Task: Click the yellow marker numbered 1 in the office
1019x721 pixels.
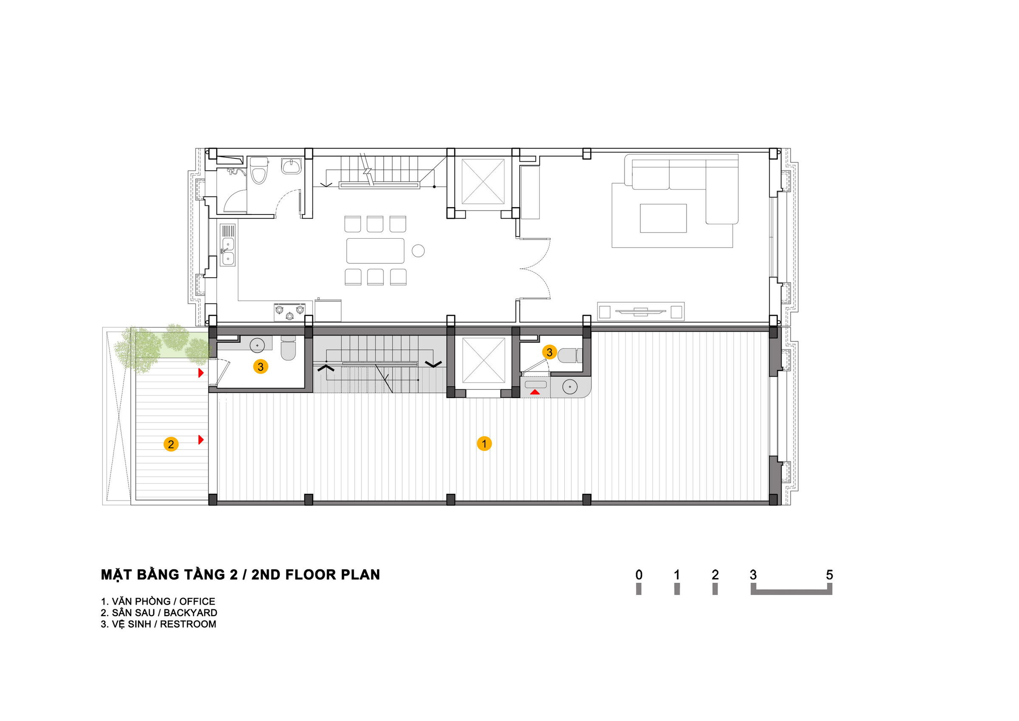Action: point(484,444)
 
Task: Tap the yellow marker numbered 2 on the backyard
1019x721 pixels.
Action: point(171,444)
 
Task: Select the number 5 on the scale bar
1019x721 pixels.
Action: point(829,575)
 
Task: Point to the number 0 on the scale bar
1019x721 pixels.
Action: point(639,575)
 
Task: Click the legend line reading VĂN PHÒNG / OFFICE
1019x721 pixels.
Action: point(158,602)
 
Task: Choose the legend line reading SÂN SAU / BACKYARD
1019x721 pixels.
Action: point(159,613)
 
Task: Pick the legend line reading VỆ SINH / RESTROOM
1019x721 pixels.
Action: point(158,624)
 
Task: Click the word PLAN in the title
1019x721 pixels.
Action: point(360,575)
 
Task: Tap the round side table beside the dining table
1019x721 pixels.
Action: point(418,251)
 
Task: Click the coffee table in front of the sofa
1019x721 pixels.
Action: point(663,218)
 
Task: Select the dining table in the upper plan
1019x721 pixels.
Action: point(375,251)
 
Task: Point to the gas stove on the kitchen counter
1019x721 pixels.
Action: point(290,312)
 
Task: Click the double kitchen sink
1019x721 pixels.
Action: point(228,251)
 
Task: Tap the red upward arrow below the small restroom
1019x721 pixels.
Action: point(535,392)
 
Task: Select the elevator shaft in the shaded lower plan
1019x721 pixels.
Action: point(483,360)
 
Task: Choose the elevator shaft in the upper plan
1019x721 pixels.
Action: point(483,181)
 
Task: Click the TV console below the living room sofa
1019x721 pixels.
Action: point(640,311)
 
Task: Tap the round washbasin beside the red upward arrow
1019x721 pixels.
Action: point(569,387)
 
